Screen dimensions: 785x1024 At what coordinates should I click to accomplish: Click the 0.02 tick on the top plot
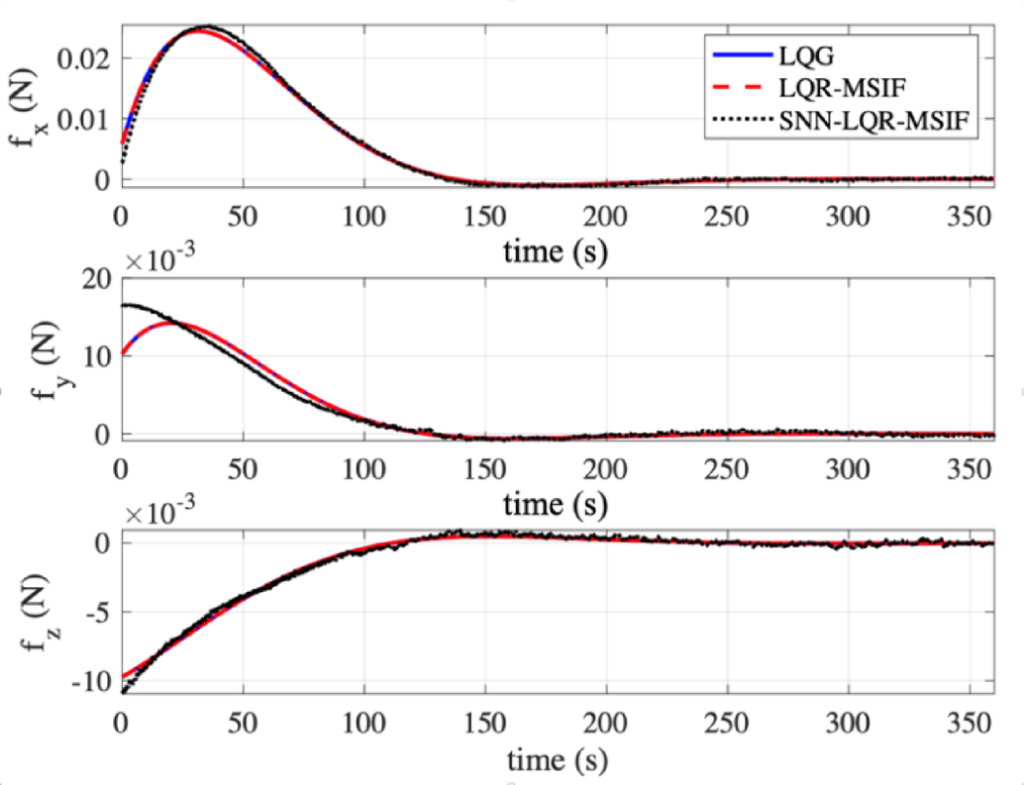87,58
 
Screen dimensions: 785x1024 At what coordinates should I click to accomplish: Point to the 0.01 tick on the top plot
87,119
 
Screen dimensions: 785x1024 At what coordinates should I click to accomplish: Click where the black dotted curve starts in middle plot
122,305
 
